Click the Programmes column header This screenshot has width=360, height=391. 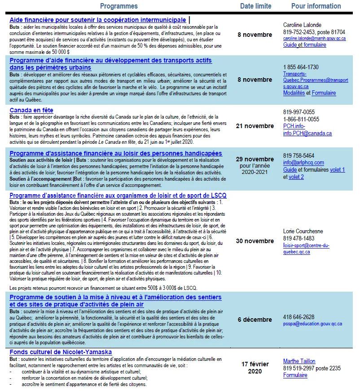[x=119, y=6]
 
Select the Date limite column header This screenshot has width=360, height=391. [x=255, y=6]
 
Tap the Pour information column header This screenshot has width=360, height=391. [x=316, y=6]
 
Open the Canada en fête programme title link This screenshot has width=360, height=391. [x=31, y=110]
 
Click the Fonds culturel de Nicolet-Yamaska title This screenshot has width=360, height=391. [x=61, y=352]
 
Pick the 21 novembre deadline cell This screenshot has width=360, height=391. [x=255, y=126]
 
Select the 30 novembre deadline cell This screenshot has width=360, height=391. [x=255, y=241]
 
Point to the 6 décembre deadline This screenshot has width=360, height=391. [x=255, y=320]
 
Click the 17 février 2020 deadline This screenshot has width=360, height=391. [x=255, y=368]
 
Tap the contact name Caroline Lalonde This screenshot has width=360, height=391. [x=302, y=25]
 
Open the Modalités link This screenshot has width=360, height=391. [x=294, y=93]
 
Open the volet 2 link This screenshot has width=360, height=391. [x=296, y=177]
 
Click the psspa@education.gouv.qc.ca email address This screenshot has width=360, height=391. [x=312, y=324]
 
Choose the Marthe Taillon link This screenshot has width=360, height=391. [x=299, y=361]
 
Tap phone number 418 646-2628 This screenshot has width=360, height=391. [x=299, y=317]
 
